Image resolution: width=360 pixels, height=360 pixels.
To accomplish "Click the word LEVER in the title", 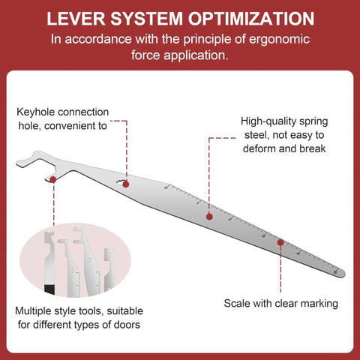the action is coord(76,19).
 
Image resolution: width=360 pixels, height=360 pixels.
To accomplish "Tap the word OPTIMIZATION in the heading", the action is coord(251,19).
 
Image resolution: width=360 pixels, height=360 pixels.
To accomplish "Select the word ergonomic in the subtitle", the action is coord(279,40).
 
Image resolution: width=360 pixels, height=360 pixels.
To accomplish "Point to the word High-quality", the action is coord(268,121).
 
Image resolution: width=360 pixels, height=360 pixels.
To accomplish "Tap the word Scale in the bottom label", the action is coord(237,304).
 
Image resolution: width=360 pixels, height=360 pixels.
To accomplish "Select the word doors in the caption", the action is coord(127,325).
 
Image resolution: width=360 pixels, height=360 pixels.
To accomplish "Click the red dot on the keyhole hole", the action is coord(126,184).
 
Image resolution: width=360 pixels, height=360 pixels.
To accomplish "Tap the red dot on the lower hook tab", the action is coord(53,179).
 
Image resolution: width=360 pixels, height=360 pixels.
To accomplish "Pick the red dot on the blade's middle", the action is coord(209,217).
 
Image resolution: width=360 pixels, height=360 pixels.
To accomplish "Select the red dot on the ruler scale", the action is coord(280,242).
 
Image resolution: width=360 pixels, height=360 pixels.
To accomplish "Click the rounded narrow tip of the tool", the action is coord(343,274).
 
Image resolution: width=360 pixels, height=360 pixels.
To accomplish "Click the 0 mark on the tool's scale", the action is coord(166,187).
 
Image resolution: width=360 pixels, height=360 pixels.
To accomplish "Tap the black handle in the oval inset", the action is coord(49,289).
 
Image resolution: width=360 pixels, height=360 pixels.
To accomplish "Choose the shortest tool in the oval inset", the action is coord(109,269).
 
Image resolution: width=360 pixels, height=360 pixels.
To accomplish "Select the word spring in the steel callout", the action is coord(313,121).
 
